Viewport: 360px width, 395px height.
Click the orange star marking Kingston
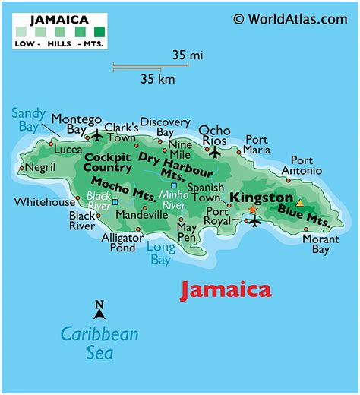(x=253, y=209)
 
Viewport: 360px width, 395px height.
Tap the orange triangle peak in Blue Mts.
(x=299, y=203)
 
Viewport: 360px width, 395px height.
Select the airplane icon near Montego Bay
(x=96, y=136)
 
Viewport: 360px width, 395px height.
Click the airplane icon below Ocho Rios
(x=213, y=152)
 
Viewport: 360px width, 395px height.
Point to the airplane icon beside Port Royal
(x=255, y=220)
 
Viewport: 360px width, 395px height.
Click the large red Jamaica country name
(x=225, y=289)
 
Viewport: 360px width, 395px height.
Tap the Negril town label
(x=40, y=166)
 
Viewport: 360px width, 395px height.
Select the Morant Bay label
(x=321, y=243)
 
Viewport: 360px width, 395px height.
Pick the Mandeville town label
(x=142, y=215)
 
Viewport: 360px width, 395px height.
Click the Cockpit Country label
(x=108, y=162)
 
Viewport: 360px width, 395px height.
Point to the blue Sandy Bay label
(x=28, y=120)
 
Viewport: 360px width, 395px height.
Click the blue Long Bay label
(x=160, y=253)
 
